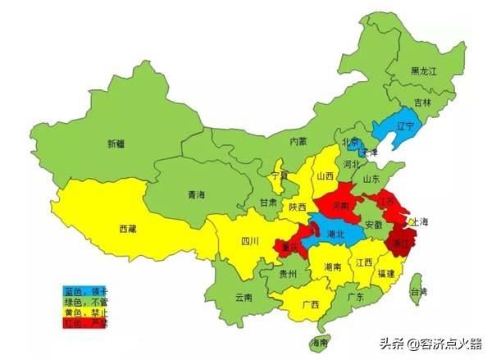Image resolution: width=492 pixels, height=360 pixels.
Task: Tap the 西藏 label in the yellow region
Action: click(129, 229)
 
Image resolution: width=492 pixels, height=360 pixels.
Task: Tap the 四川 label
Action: click(249, 241)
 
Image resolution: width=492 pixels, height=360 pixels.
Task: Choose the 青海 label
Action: click(196, 195)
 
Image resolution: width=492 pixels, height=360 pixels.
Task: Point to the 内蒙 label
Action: click(298, 141)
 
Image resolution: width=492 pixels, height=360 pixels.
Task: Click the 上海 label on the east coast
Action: click(420, 222)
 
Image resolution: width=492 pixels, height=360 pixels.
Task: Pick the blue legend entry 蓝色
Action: click(84, 290)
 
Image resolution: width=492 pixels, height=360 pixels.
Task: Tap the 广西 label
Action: click(311, 305)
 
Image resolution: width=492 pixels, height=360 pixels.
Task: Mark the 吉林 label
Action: click(422, 103)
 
